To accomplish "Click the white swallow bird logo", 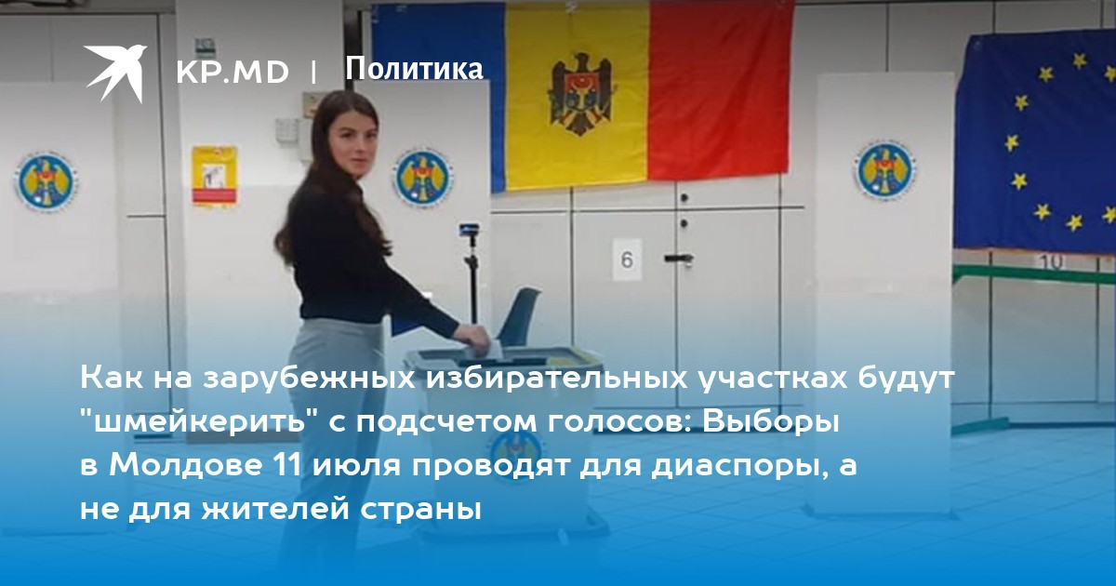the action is [115, 73].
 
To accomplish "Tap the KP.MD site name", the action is [232, 73].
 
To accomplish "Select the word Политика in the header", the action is [414, 69].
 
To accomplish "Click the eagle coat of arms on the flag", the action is [580, 95].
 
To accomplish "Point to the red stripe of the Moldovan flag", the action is [721, 89].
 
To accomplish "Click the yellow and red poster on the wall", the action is [215, 176].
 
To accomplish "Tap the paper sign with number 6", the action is [627, 260].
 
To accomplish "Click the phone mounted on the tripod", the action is [470, 231].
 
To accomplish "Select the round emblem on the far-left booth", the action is [46, 181].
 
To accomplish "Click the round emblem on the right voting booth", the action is [885, 169].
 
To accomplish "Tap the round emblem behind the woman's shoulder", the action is [423, 178].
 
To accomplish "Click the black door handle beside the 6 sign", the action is [679, 259].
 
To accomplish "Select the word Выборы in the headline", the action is [771, 423].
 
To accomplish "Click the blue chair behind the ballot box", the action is [520, 315].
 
